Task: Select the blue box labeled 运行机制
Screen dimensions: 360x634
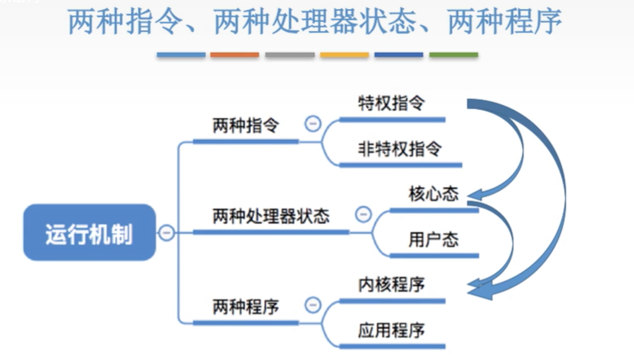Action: [89, 233]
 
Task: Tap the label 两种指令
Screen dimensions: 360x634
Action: [245, 125]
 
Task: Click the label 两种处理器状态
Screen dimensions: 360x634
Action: [271, 216]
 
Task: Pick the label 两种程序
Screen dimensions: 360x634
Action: [245, 306]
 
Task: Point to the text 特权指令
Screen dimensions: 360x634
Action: [391, 103]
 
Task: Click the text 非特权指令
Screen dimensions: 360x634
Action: [400, 149]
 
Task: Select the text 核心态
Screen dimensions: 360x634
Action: [433, 194]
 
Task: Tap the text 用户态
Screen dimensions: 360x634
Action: [433, 239]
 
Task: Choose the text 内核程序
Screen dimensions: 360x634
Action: [391, 285]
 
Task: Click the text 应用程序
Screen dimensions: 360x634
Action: [391, 330]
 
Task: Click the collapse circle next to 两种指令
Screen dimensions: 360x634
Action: [313, 124]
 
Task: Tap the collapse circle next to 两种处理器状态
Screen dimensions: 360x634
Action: [363, 214]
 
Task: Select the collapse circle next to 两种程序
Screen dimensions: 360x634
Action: [313, 305]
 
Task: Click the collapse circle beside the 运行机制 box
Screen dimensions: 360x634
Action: [166, 232]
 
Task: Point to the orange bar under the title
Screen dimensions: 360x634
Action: [235, 55]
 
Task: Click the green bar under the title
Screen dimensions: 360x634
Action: [453, 55]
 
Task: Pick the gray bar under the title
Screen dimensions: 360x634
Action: [290, 55]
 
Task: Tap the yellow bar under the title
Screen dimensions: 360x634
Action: [344, 55]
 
